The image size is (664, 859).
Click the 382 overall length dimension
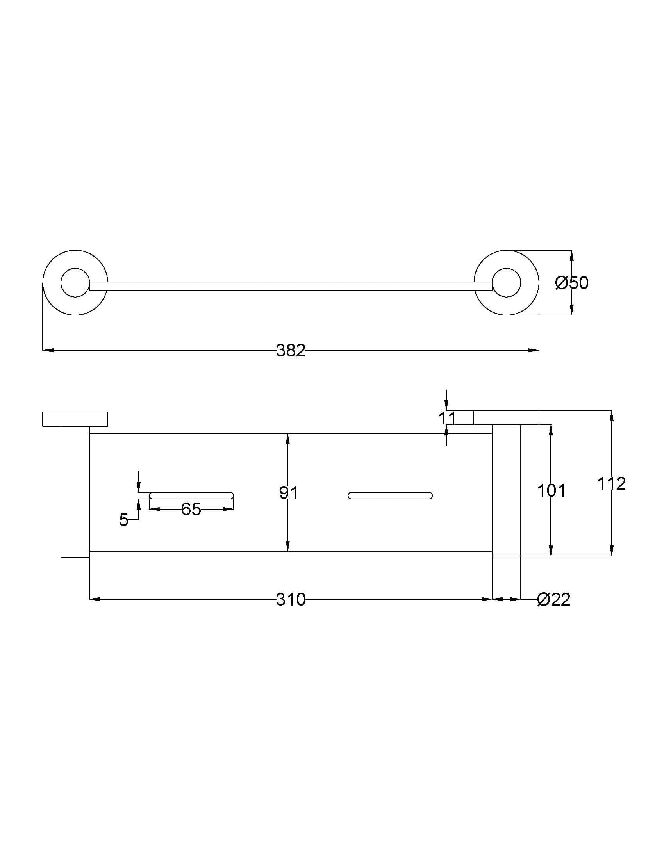[290, 351]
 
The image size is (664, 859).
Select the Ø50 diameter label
[571, 283]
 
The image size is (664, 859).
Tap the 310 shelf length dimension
[290, 599]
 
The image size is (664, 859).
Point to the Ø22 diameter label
[553, 599]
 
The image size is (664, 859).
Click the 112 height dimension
[611, 483]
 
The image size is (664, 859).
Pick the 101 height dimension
[551, 490]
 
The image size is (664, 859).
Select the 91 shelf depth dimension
[288, 492]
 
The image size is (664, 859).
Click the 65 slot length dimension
[191, 509]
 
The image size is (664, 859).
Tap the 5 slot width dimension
[123, 520]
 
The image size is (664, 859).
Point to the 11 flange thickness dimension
[447, 418]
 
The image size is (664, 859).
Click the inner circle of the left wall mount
[75, 282]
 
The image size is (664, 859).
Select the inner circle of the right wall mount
[507, 282]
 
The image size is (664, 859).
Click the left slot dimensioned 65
[191, 495]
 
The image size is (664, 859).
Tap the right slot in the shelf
[390, 495]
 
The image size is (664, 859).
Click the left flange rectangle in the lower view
[75, 419]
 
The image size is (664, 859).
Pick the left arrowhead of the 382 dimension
[47, 350]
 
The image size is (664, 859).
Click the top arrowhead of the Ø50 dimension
[571, 256]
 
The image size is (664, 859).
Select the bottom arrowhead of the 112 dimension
[612, 550]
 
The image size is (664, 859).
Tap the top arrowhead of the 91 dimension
[288, 438]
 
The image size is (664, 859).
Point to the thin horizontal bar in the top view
[290, 286]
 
